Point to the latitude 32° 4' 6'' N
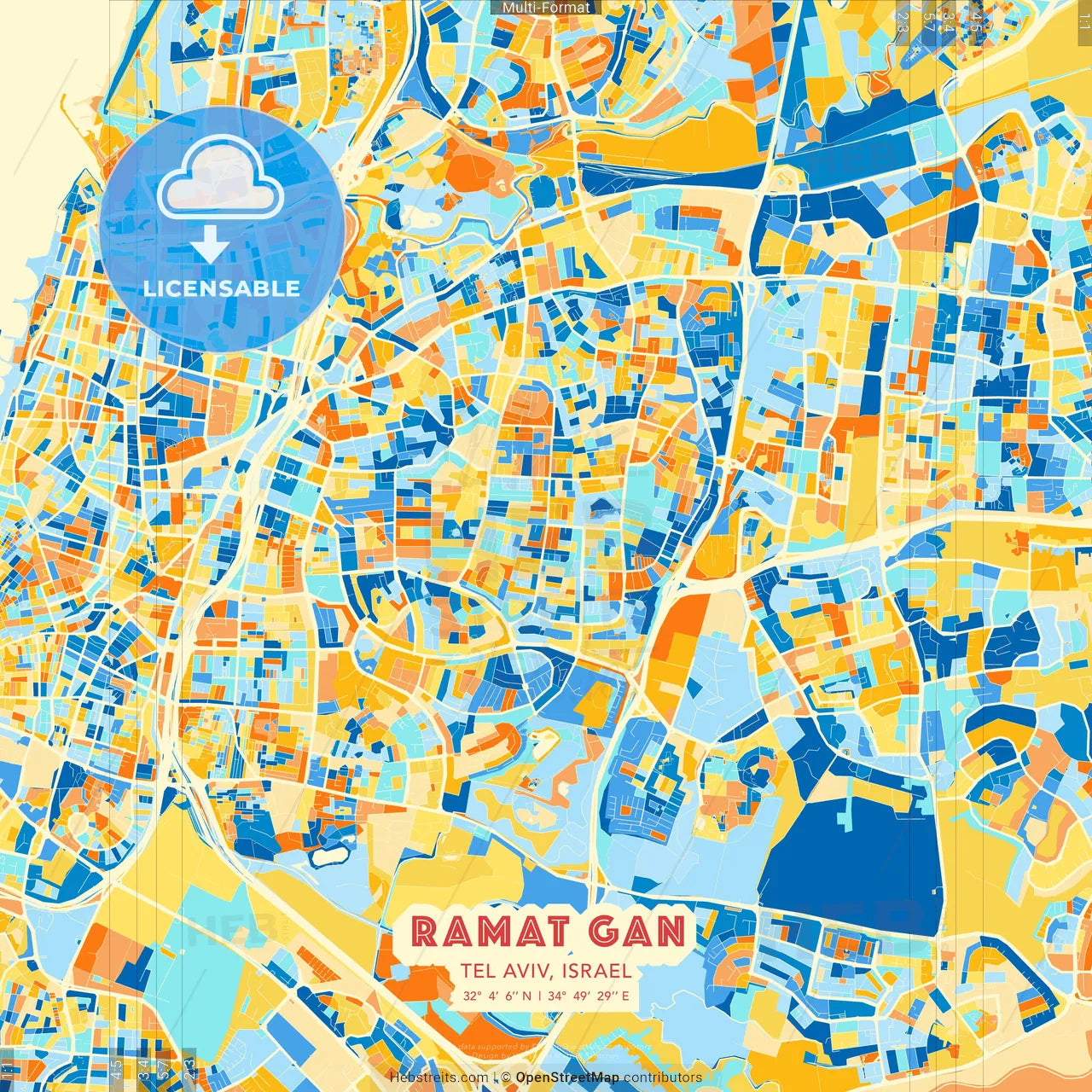(x=497, y=995)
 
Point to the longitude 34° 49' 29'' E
(x=589, y=995)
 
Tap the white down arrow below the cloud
(x=210, y=247)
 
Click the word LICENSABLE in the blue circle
(x=222, y=288)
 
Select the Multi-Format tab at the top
(x=546, y=8)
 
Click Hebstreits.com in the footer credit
(x=439, y=1077)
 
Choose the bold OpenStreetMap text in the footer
(x=567, y=1077)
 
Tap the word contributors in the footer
(x=662, y=1077)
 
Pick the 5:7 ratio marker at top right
(x=928, y=19)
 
